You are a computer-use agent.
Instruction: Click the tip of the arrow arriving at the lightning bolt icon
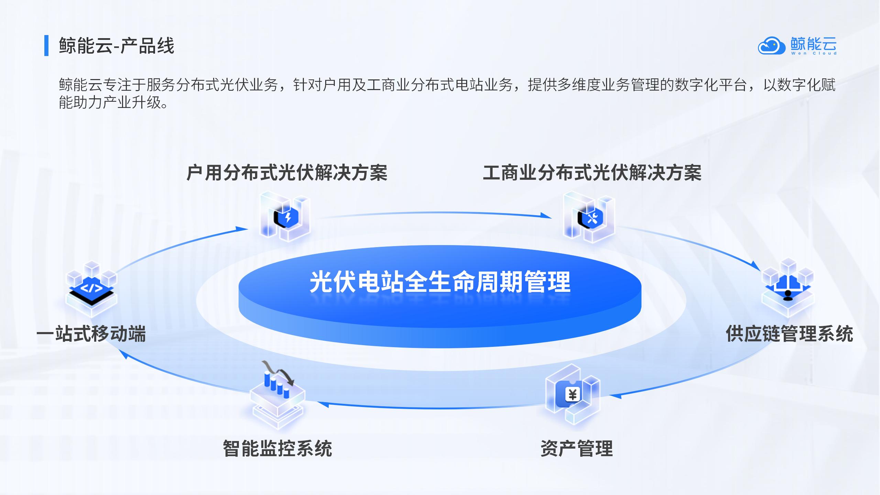(x=248, y=229)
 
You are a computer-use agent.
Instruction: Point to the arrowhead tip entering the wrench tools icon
(x=552, y=218)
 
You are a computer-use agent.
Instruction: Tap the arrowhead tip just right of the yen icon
(x=609, y=396)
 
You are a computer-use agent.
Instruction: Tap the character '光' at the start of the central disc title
(x=321, y=282)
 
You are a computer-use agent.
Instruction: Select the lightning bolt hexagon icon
(x=287, y=217)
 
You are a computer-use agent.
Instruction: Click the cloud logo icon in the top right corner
(x=772, y=46)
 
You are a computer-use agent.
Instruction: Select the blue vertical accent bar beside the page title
(x=46, y=45)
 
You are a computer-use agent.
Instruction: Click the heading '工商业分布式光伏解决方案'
(x=592, y=173)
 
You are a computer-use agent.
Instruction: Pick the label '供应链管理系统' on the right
(x=789, y=334)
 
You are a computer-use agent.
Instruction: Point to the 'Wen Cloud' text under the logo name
(x=814, y=53)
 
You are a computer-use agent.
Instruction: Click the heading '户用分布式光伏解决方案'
(x=287, y=173)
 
